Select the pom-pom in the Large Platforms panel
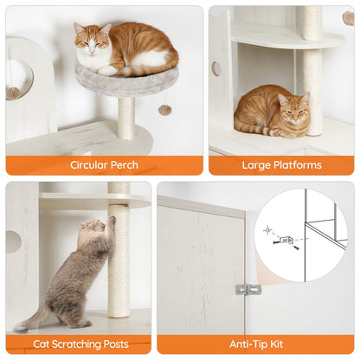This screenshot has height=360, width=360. click(x=348, y=17)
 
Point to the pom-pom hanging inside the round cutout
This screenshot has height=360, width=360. click(x=14, y=90)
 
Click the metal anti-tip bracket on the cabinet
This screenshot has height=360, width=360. click(x=248, y=289)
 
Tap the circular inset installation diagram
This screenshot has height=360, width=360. click(x=301, y=235)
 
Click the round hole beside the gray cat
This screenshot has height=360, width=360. click(x=12, y=241)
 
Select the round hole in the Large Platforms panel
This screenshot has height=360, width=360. click(x=215, y=68)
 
